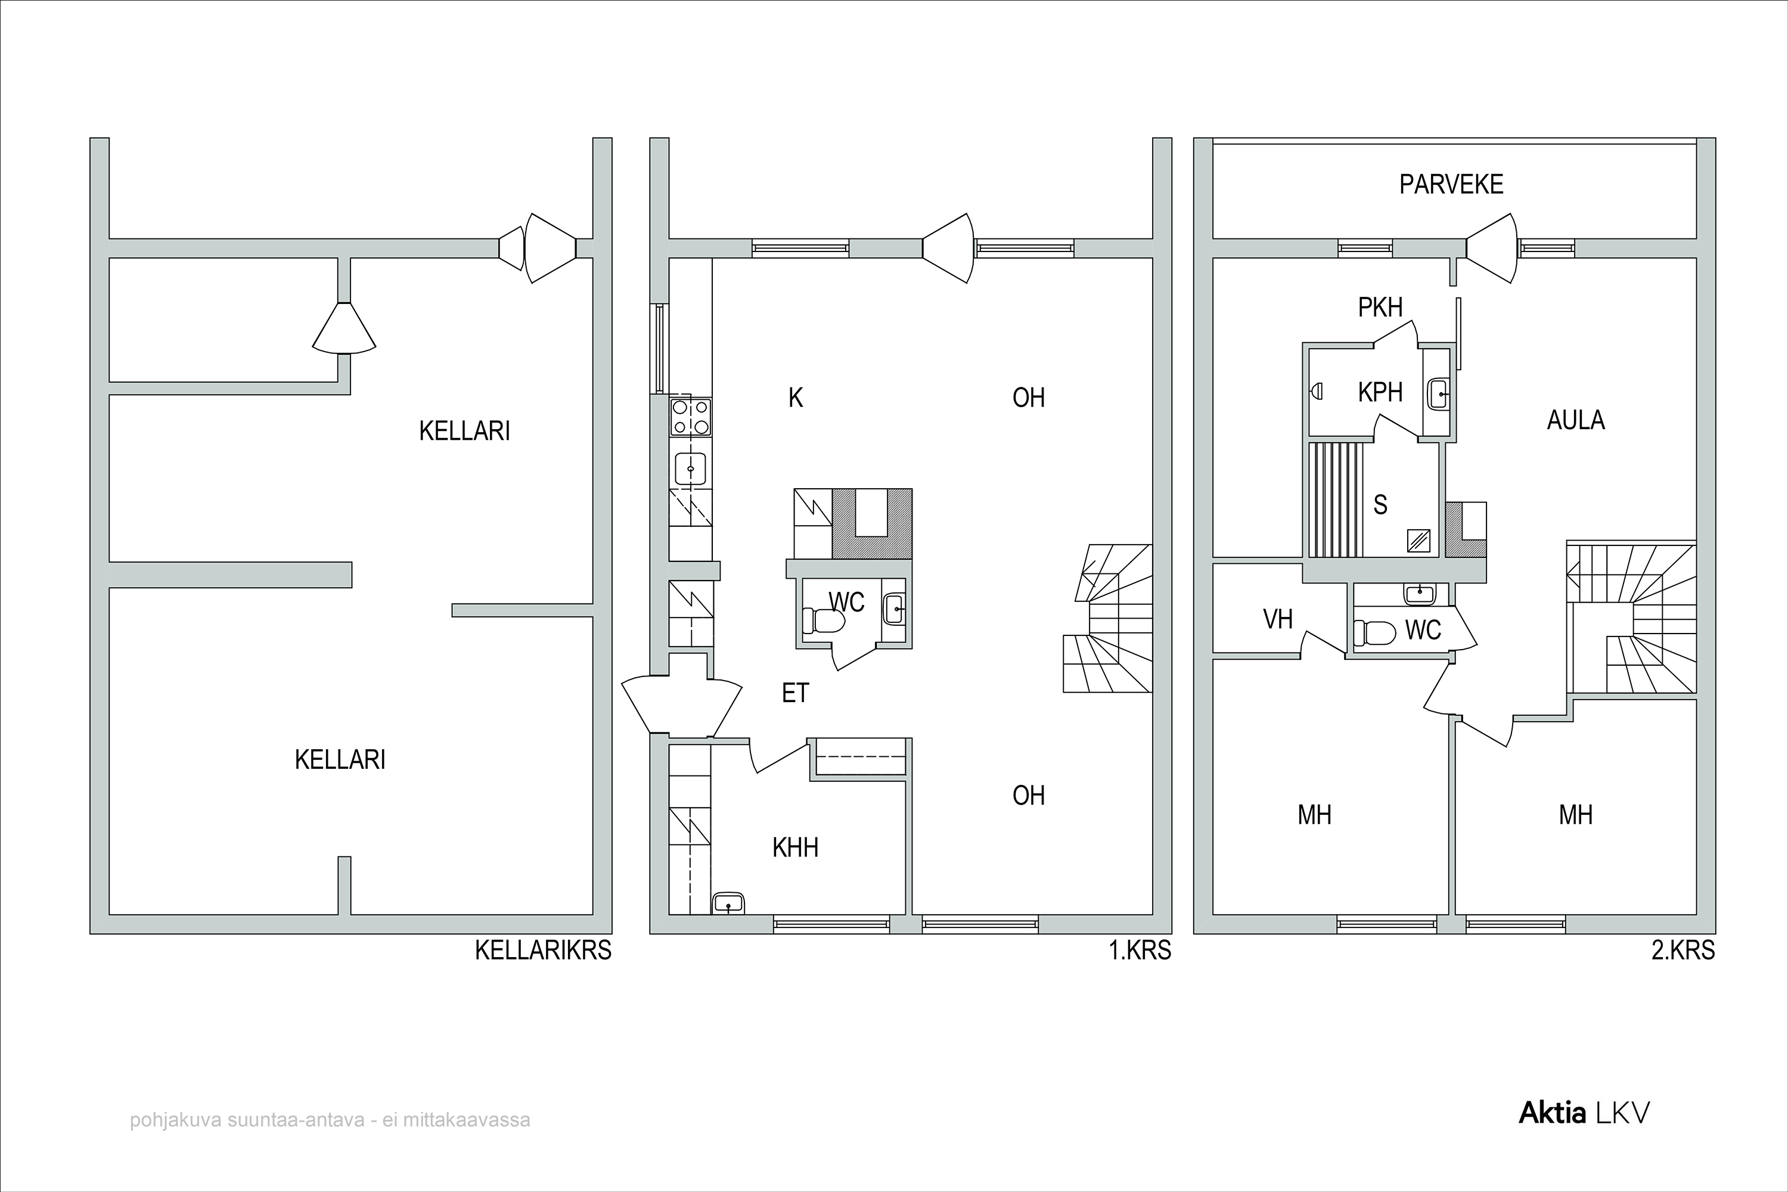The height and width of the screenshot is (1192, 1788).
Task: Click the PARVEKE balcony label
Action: click(1451, 184)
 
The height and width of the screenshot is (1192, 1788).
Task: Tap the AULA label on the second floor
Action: click(1576, 420)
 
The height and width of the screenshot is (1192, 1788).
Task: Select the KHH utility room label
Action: click(795, 848)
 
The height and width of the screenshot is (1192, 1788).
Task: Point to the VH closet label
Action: click(1278, 620)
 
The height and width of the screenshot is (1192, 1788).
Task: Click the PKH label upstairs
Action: click(1380, 307)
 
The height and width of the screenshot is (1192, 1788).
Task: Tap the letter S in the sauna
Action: click(1380, 505)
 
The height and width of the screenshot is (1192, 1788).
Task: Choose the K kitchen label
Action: click(795, 398)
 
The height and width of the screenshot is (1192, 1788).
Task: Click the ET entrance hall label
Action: click(795, 693)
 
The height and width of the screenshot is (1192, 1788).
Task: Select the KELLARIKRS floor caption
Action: click(544, 950)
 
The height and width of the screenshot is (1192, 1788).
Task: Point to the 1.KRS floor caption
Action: click(1140, 950)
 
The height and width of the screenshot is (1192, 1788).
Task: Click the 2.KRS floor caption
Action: click(1683, 950)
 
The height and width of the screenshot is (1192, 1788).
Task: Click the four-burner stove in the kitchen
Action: click(690, 417)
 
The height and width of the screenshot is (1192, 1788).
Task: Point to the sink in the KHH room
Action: click(728, 902)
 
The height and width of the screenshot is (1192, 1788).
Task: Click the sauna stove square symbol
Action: click(1418, 541)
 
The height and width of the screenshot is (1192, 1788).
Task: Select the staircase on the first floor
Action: click(1107, 618)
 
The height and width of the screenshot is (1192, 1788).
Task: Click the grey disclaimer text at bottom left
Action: click(330, 1120)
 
